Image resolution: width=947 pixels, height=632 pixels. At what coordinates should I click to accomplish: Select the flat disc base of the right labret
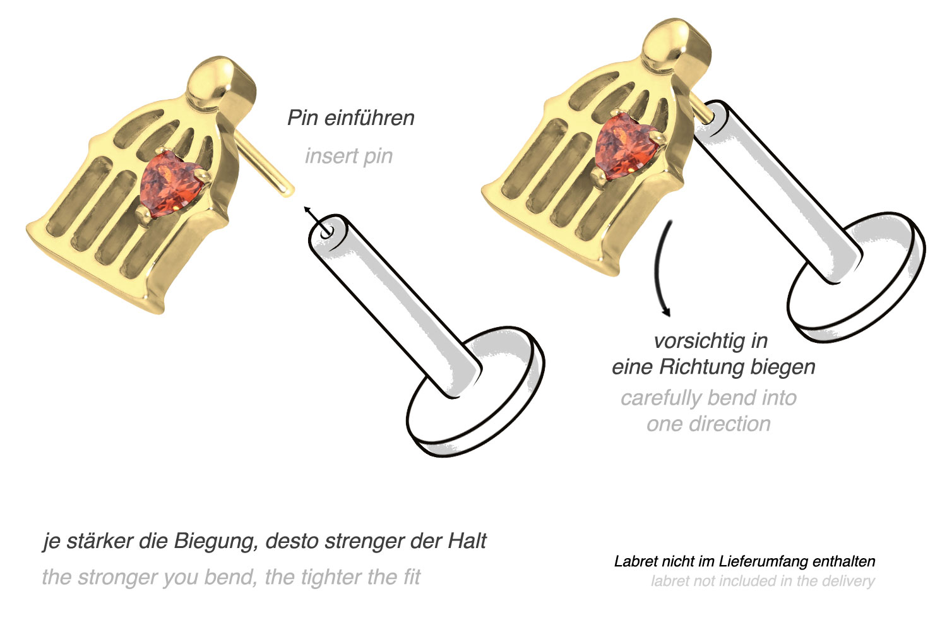[x=855, y=278]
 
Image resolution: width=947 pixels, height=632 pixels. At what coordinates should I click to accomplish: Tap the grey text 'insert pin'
[x=348, y=156]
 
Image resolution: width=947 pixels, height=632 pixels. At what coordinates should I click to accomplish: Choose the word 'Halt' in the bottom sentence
[x=467, y=541]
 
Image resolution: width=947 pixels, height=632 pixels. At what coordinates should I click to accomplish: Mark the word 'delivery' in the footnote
[x=847, y=581]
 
